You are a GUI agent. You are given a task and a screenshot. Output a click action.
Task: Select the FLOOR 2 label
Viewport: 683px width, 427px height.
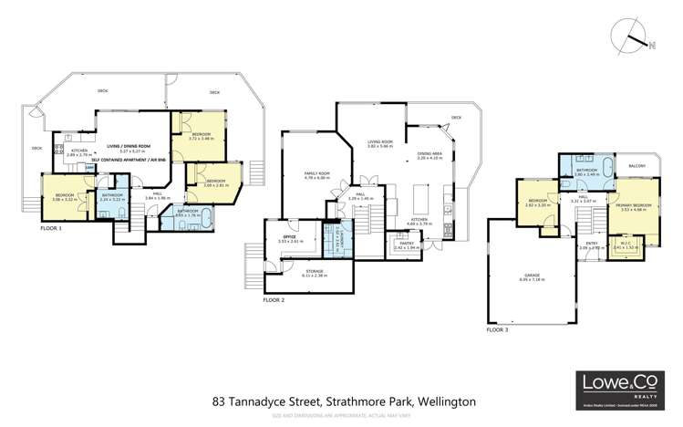pyautogui.click(x=274, y=299)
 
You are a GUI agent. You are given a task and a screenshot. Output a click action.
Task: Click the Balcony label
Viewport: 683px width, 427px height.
pyautogui.click(x=636, y=166)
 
